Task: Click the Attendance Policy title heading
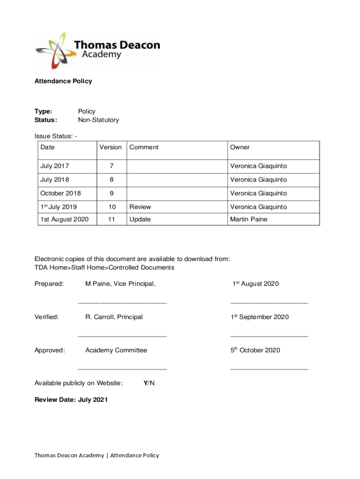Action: (x=63, y=81)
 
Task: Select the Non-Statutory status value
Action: (x=98, y=120)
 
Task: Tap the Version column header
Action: (x=110, y=147)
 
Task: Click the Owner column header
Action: (x=239, y=147)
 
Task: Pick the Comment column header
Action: (x=144, y=147)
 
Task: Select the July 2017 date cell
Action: (x=55, y=166)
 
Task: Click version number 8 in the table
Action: (x=111, y=180)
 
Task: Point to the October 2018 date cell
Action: (x=60, y=193)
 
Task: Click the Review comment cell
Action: (x=140, y=207)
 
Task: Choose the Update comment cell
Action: (x=140, y=219)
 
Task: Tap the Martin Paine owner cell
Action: (x=248, y=219)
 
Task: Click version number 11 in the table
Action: (x=111, y=219)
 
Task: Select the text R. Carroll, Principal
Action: (x=114, y=317)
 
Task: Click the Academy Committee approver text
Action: (x=116, y=350)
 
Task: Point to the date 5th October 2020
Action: (x=255, y=350)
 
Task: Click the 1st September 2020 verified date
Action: (x=259, y=317)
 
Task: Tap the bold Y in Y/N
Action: (x=145, y=383)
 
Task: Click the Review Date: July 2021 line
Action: (x=71, y=399)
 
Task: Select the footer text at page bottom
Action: (x=97, y=455)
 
